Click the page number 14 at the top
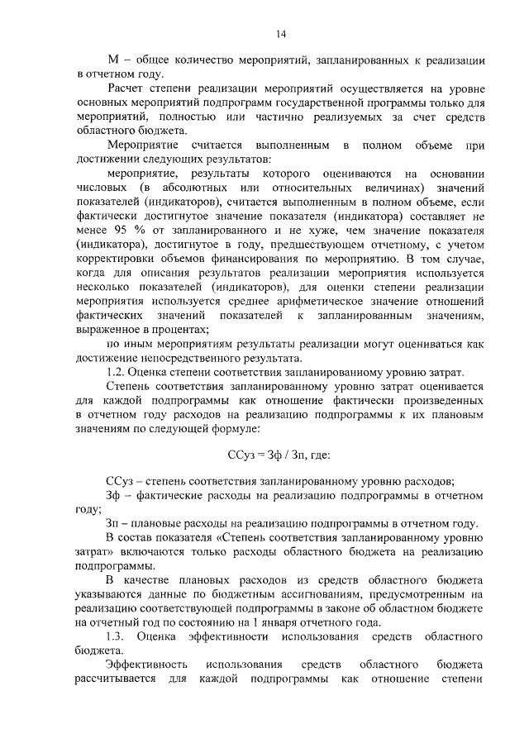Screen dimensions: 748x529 tap(280, 33)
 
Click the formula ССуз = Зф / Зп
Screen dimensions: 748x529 tap(279, 455)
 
